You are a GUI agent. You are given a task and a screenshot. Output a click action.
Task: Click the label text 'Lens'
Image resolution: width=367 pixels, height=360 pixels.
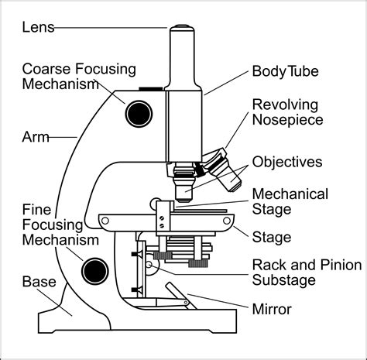(x=37, y=29)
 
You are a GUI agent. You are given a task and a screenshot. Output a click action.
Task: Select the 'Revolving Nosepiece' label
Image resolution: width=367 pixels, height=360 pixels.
(x=287, y=112)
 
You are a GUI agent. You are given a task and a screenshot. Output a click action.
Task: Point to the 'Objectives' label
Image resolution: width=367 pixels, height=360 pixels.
(x=287, y=162)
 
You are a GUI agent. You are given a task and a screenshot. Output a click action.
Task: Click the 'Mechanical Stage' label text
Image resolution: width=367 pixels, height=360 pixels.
(x=290, y=201)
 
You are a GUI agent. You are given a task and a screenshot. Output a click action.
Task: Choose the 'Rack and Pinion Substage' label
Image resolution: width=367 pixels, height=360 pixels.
(x=306, y=273)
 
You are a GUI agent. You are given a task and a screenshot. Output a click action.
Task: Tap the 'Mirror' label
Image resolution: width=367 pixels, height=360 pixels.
(x=272, y=310)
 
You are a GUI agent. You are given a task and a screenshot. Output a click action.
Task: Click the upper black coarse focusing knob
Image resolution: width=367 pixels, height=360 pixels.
(x=139, y=114)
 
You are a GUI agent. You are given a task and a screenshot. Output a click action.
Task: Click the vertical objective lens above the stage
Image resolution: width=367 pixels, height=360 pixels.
(x=183, y=187)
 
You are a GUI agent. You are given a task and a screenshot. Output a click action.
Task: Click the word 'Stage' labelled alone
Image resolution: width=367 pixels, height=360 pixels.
(x=272, y=236)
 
